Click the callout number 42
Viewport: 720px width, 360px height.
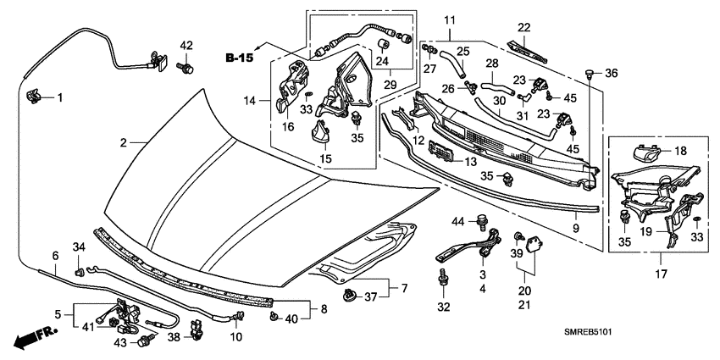(186, 45)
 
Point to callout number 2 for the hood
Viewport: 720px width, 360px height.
(123, 144)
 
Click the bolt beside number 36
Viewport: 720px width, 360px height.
(590, 74)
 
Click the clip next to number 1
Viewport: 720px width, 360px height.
(35, 97)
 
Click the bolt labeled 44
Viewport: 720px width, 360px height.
(484, 222)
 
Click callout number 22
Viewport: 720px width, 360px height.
(524, 27)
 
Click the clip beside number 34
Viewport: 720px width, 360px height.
(79, 271)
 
